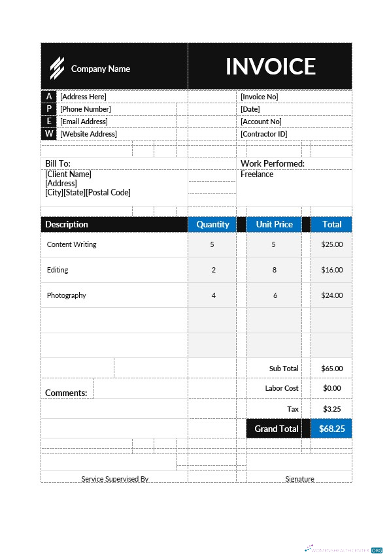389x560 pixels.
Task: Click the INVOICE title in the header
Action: pyautogui.click(x=270, y=67)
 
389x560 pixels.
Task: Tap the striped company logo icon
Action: pyautogui.click(x=58, y=67)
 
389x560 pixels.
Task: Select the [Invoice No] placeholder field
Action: pyautogui.click(x=259, y=97)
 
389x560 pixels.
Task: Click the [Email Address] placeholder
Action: pyautogui.click(x=84, y=122)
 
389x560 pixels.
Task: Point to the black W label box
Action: pyautogui.click(x=49, y=134)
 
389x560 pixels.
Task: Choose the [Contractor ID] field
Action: pyautogui.click(x=263, y=134)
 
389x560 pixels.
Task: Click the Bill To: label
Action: pyautogui.click(x=58, y=163)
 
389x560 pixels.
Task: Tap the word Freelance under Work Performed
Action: pyautogui.click(x=257, y=174)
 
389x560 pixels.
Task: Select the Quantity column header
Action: pyautogui.click(x=212, y=224)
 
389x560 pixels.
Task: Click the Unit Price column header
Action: pyautogui.click(x=274, y=224)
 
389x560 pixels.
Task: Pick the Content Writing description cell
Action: pyautogui.click(x=71, y=244)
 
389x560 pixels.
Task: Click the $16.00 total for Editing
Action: pyautogui.click(x=331, y=270)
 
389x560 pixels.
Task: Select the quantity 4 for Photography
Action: pyautogui.click(x=213, y=295)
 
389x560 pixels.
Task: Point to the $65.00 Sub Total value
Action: pyautogui.click(x=331, y=369)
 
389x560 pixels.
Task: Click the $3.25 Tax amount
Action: pyautogui.click(x=331, y=409)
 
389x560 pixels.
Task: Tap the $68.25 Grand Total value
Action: pyautogui.click(x=331, y=429)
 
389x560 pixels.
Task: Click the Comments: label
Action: pyautogui.click(x=66, y=393)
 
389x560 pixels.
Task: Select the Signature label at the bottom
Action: pyautogui.click(x=299, y=479)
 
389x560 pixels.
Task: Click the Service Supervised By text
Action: pyautogui.click(x=114, y=479)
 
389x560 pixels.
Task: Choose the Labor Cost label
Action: pyautogui.click(x=282, y=388)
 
